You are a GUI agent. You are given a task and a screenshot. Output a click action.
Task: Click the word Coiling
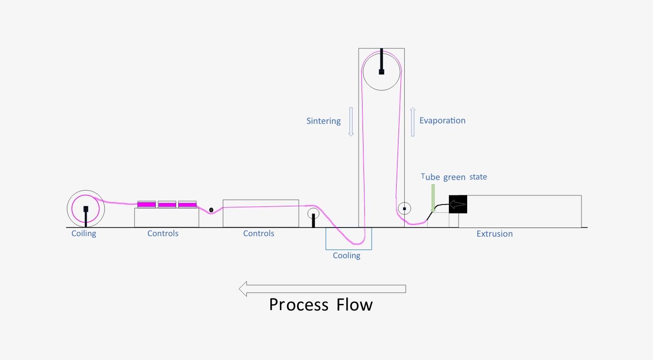84,234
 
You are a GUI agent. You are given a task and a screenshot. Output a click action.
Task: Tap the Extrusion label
494,234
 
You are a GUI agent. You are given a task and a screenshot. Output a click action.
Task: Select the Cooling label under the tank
346,255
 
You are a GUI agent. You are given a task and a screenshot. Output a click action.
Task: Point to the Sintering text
323,121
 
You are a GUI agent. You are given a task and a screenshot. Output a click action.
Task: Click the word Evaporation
442,120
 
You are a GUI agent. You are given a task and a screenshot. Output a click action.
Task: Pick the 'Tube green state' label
454,177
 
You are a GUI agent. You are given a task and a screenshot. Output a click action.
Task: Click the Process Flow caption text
320,305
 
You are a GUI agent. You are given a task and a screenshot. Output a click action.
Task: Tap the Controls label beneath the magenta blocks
163,234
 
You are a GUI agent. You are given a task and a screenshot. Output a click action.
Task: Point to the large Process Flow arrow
322,289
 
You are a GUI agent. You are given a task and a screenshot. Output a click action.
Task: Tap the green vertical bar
433,197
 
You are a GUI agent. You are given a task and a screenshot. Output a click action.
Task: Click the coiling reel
85,209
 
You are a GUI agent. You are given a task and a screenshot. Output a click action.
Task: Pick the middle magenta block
167,204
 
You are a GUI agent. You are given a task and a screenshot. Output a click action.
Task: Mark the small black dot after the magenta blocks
211,210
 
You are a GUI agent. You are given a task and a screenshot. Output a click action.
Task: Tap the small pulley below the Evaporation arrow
404,209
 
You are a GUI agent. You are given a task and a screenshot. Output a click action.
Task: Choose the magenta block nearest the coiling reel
146,204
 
